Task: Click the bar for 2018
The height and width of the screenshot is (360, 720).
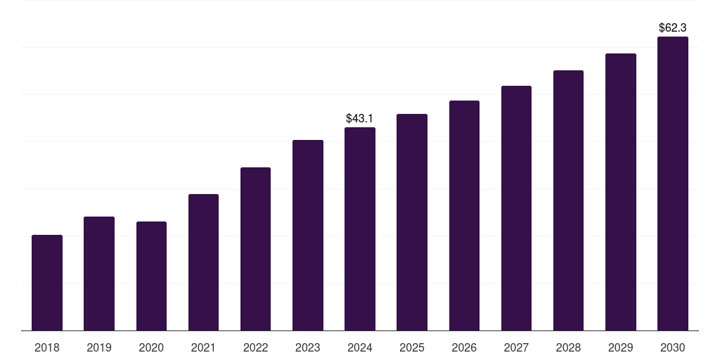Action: click(47, 283)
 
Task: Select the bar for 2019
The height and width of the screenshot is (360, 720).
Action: click(99, 274)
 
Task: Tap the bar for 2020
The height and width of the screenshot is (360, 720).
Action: click(151, 276)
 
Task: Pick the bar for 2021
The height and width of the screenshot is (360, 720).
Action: click(203, 262)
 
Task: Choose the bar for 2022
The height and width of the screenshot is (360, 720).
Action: click(255, 249)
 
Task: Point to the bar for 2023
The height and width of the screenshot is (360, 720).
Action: click(308, 235)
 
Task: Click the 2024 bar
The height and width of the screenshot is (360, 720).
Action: click(360, 229)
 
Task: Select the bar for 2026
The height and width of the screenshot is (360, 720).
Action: click(464, 215)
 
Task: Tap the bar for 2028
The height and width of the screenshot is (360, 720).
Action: click(568, 200)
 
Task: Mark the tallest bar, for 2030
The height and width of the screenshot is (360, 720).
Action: click(673, 184)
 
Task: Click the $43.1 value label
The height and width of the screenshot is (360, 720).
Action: click(360, 119)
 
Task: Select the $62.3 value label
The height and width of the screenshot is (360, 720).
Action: click(673, 28)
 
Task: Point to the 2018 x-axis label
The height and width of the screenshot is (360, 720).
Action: click(47, 347)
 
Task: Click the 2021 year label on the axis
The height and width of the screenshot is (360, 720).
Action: click(203, 347)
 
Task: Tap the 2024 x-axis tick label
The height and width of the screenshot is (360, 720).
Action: click(360, 347)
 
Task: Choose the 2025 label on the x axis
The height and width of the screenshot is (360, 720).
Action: click(412, 347)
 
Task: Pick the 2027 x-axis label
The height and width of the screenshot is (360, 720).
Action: click(516, 347)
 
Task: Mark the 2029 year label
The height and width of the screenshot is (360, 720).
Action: click(621, 347)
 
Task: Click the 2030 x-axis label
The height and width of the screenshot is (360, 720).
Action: click(673, 347)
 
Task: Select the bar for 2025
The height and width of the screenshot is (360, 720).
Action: click(412, 222)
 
